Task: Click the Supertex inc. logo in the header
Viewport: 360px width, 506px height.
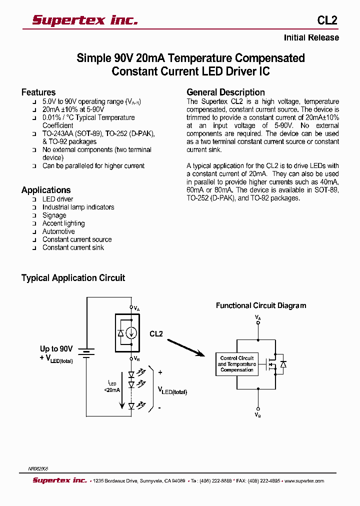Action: pyautogui.click(x=84, y=20)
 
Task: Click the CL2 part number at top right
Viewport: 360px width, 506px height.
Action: pyautogui.click(x=327, y=20)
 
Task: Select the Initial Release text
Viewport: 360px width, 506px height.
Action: pyautogui.click(x=311, y=38)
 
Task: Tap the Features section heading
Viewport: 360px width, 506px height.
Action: pyautogui.click(x=38, y=92)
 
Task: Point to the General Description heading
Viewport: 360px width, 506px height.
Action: pyautogui.click(x=225, y=92)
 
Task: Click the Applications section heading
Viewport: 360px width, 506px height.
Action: pyautogui.click(x=46, y=190)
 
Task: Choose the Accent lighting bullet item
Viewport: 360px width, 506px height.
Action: pyautogui.click(x=63, y=223)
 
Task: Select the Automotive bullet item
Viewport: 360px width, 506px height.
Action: pyautogui.click(x=58, y=231)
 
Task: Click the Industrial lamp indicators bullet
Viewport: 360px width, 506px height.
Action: pyautogui.click(x=78, y=207)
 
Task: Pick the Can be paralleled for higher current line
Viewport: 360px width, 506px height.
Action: pyautogui.click(x=93, y=166)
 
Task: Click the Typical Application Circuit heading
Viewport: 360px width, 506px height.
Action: pyautogui.click(x=73, y=278)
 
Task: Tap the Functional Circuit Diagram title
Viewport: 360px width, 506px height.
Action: pyautogui.click(x=261, y=305)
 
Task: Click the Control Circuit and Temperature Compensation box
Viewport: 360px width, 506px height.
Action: pyautogui.click(x=237, y=364)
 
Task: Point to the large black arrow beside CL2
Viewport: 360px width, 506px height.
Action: pyautogui.click(x=185, y=347)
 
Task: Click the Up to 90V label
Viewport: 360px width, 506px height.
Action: pyautogui.click(x=56, y=349)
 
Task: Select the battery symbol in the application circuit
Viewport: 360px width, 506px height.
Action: pyautogui.click(x=87, y=353)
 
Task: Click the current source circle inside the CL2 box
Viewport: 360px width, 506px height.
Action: pyautogui.click(x=131, y=332)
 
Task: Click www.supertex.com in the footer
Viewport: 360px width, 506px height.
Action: pyautogui.click(x=304, y=481)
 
